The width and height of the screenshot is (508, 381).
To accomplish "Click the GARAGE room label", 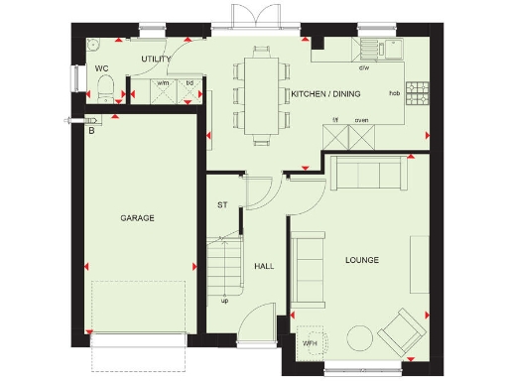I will tap(138, 217).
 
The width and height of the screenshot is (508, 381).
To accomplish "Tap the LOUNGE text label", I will tap(362, 260).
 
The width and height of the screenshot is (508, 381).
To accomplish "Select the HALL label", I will tap(264, 266).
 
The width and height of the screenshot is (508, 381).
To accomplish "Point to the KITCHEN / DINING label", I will tap(325, 93).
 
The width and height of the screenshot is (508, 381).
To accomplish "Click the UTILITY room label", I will tap(156, 60).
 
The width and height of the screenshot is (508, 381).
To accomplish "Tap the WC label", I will tap(102, 68).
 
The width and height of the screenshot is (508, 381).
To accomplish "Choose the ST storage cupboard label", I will tap(223, 205).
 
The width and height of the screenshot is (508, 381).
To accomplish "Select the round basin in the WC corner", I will tap(93, 46).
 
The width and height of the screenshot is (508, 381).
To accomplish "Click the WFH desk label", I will tap(311, 342).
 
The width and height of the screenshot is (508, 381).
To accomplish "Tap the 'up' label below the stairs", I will tap(224, 301).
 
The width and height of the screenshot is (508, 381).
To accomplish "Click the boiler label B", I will tap(92, 130).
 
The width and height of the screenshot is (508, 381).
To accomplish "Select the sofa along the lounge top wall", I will tap(369, 174).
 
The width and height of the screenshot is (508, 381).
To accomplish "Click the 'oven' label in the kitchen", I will tap(361, 121).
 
